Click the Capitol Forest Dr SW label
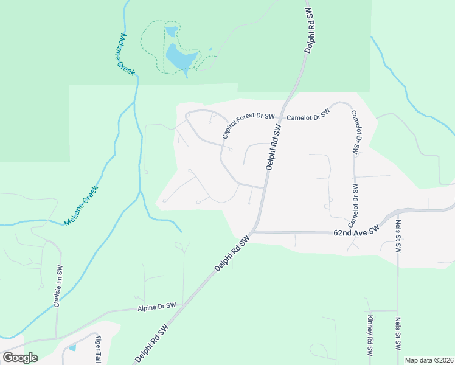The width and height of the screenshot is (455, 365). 248,121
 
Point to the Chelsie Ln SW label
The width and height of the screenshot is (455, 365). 58,286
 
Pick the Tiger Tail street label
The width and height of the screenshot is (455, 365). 97,350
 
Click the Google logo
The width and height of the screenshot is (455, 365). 20,358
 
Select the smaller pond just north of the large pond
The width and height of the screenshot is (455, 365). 172,30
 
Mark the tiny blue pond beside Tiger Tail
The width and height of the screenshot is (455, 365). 72,348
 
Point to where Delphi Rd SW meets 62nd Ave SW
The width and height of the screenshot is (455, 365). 251,232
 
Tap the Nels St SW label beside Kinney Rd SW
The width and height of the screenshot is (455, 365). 398,334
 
